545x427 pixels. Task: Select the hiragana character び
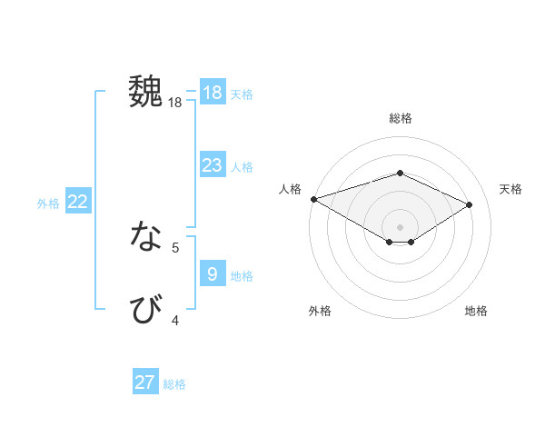(147, 309)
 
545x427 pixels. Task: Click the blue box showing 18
(212, 93)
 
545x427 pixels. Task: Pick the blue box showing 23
(212, 165)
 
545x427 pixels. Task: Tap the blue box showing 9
(212, 273)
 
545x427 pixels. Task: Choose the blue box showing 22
(77, 202)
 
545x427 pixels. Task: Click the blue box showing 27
(145, 382)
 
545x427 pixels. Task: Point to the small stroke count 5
(175, 246)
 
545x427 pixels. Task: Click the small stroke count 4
(175, 320)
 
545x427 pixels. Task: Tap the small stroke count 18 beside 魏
(175, 103)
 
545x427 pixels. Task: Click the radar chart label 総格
(400, 118)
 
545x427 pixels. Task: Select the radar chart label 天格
(510, 189)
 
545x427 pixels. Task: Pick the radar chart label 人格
(290, 189)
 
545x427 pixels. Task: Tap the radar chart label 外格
(320, 311)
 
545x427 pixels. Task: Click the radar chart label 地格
(476, 311)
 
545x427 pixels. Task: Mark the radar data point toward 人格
(313, 198)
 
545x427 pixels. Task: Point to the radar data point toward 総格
(400, 173)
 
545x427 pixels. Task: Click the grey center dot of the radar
(400, 226)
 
